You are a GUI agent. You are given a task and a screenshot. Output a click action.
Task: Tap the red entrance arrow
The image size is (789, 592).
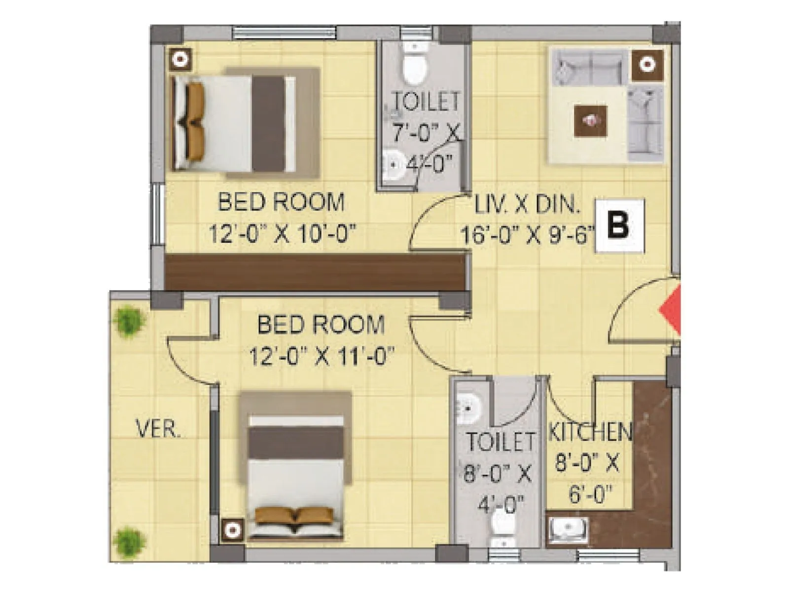672,311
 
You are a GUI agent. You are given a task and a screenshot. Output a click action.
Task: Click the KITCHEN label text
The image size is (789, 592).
590,433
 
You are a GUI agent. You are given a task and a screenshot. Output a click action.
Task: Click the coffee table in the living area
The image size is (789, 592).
590,121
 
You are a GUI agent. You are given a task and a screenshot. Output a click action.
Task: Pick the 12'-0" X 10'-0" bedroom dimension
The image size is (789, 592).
282,234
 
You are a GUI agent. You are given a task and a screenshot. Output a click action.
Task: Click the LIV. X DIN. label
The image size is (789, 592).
527,204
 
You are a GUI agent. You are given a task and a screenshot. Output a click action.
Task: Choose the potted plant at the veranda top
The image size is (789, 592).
129,321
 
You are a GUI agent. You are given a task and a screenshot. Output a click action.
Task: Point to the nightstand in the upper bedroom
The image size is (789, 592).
181,60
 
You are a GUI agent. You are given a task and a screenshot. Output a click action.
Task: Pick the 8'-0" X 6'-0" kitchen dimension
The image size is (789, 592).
587,479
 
